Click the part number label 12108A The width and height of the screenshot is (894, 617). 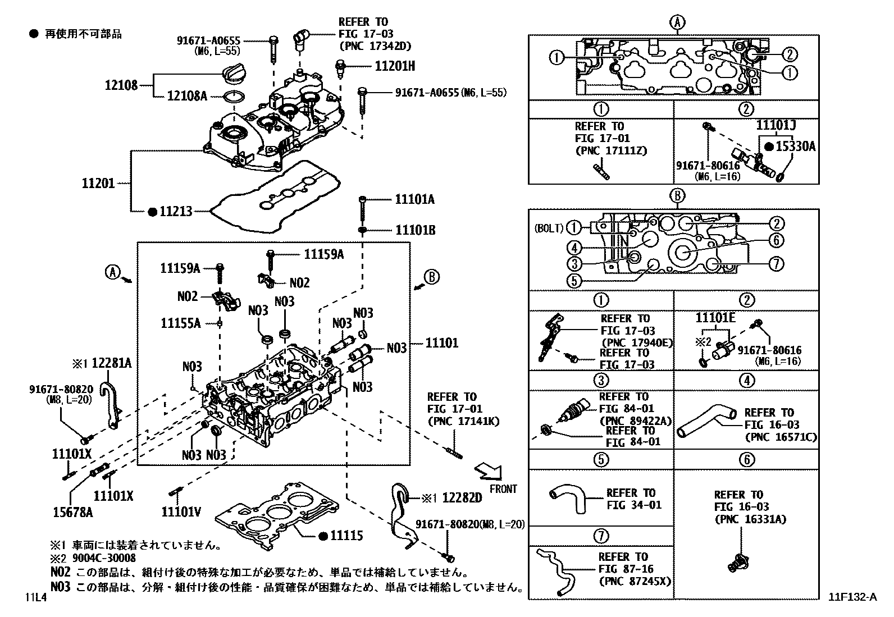(x=187, y=96)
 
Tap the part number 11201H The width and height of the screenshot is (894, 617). (x=395, y=66)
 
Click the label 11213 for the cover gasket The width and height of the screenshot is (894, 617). (x=176, y=212)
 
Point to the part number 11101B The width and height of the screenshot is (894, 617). (x=415, y=230)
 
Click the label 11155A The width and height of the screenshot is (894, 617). (x=180, y=323)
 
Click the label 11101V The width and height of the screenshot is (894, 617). (x=181, y=511)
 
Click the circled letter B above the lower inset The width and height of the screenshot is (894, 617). (x=677, y=196)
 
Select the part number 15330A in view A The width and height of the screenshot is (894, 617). (x=795, y=147)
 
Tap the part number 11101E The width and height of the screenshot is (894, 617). (x=715, y=318)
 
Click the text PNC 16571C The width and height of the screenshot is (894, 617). (x=781, y=437)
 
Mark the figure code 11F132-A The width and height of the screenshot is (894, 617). (x=851, y=597)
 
